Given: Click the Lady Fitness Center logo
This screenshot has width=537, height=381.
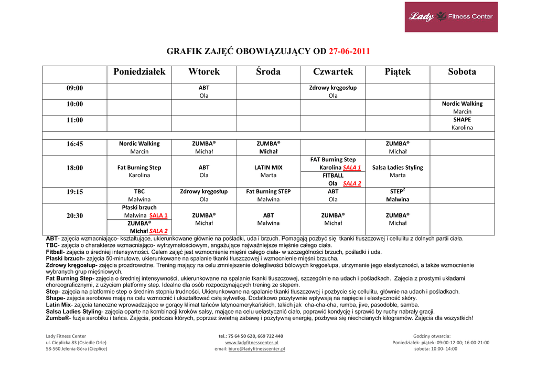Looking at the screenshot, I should (x=450, y=17).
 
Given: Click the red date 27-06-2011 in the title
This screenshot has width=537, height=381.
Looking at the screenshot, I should (x=349, y=52).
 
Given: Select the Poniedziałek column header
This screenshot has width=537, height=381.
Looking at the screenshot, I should (x=139, y=72).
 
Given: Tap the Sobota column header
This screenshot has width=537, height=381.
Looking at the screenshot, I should (x=462, y=72).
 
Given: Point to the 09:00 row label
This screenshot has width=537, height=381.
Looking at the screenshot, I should (x=74, y=88).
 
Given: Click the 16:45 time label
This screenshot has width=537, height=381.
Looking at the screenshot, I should (x=74, y=144).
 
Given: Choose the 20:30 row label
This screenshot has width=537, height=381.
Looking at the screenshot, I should (x=74, y=215).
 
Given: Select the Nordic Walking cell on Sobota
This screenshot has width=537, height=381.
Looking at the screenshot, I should (x=462, y=104).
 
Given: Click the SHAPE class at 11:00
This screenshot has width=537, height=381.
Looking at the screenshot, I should (x=462, y=119).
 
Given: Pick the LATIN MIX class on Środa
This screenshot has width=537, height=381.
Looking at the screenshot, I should (x=268, y=168).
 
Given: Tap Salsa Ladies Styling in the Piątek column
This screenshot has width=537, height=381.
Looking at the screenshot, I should (x=398, y=168).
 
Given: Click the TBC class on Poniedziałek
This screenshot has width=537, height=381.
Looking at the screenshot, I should (x=139, y=192).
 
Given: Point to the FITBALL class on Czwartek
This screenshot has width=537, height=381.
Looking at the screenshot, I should (x=333, y=176).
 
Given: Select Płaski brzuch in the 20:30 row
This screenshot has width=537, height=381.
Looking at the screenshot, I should (x=139, y=208).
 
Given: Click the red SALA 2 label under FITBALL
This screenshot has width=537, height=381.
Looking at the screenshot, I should (x=352, y=184).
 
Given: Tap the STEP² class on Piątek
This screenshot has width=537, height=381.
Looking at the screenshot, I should (x=398, y=191).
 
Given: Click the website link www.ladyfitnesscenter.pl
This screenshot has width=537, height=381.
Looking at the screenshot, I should (x=252, y=343).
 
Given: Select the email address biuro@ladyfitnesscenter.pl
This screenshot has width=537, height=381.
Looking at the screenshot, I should (x=259, y=348).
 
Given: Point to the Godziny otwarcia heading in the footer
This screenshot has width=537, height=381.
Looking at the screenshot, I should (x=432, y=336).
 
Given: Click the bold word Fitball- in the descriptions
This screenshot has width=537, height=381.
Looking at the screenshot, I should (x=55, y=252).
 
